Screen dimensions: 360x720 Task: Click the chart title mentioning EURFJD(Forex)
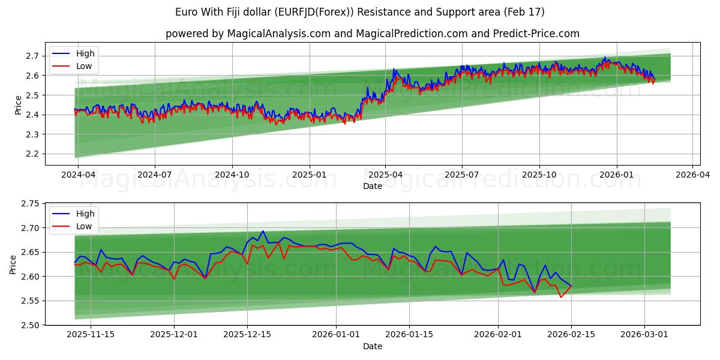tap(360, 12)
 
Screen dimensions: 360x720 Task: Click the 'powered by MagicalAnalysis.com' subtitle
tap(372, 34)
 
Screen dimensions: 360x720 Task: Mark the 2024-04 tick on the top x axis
tap(77, 174)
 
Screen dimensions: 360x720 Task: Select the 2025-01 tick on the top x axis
tap(310, 174)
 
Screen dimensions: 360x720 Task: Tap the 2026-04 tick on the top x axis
tap(692, 174)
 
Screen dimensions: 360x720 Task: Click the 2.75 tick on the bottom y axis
tap(29, 204)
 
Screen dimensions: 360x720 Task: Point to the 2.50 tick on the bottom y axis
tap(29, 325)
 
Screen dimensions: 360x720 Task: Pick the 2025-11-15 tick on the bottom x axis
tap(91, 334)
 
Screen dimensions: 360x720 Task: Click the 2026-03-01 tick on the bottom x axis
tap(645, 334)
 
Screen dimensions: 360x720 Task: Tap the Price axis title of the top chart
tap(18, 104)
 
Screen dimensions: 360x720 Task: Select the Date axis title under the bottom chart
tap(372, 346)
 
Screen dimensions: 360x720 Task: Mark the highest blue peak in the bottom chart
tap(263, 231)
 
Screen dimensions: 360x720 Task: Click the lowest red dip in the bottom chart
tap(561, 297)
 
